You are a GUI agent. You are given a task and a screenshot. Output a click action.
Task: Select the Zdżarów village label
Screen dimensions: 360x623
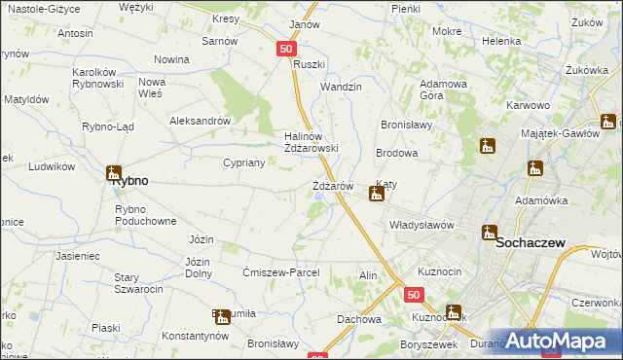[332, 186]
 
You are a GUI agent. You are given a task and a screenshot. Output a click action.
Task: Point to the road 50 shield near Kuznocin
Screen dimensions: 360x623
[415, 294]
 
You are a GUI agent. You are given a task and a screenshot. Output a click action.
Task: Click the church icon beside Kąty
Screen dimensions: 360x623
[376, 194]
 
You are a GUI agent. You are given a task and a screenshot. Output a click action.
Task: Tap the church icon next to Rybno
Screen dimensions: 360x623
[113, 173]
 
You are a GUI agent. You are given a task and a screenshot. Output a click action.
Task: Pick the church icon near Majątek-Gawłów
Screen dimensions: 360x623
[609, 122]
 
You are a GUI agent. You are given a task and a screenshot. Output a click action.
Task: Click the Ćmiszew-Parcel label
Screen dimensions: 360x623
[281, 272]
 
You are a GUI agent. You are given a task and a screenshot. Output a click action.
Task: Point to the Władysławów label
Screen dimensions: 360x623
[422, 225]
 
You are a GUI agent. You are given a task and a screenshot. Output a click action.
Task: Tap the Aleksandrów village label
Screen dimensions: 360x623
[200, 122]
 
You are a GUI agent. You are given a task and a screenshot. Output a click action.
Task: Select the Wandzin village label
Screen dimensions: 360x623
[342, 87]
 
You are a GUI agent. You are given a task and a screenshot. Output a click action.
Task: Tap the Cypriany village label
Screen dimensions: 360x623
[244, 162]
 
